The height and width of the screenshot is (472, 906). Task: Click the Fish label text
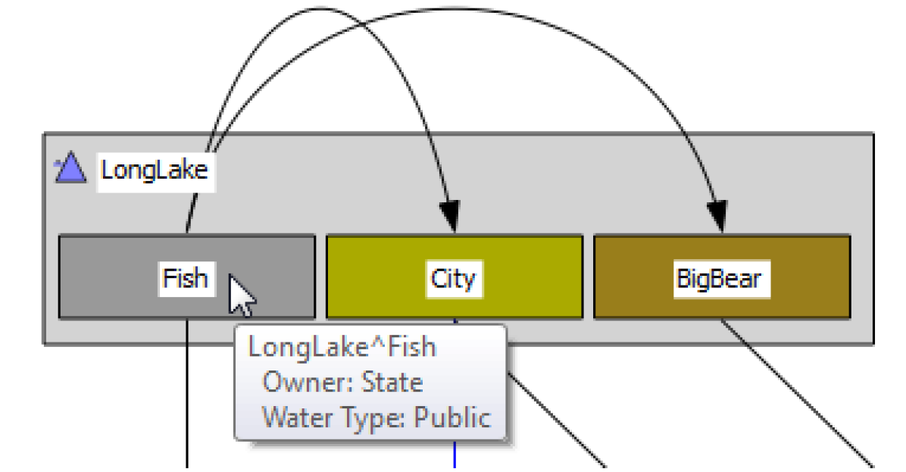(x=184, y=278)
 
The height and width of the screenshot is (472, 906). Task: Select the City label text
(x=453, y=278)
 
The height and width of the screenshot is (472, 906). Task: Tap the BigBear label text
(x=719, y=279)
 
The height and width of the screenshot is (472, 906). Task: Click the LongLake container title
(x=155, y=170)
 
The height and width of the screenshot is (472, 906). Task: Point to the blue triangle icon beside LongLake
(x=70, y=167)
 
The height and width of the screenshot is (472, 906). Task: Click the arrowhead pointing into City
(x=450, y=217)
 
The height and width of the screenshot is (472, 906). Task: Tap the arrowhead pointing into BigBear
(x=717, y=217)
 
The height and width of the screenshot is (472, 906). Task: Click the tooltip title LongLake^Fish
(x=342, y=347)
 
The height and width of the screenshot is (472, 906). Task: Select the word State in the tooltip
(x=392, y=382)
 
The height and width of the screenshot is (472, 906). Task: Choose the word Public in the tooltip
(x=452, y=417)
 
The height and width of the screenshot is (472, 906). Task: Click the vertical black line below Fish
(x=186, y=394)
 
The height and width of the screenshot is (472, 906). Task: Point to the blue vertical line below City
(x=455, y=455)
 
